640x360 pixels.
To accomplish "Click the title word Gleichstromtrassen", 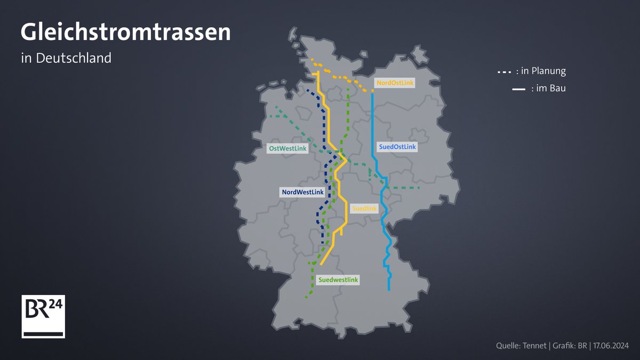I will coord(125,33).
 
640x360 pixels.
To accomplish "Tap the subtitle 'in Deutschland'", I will coord(66,58).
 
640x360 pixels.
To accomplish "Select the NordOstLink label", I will coord(395,83).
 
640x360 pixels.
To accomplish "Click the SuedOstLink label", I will coord(397,147).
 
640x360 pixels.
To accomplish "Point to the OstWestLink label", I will coord(288,149).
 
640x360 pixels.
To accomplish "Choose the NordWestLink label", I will coord(302,192).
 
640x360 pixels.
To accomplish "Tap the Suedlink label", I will coord(365,209).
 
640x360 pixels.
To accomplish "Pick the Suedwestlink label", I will coord(338,279).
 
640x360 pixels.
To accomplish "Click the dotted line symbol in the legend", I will coord(504,71).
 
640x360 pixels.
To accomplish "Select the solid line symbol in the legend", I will coord(518,90).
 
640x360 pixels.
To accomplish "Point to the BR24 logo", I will coord(43,316).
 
